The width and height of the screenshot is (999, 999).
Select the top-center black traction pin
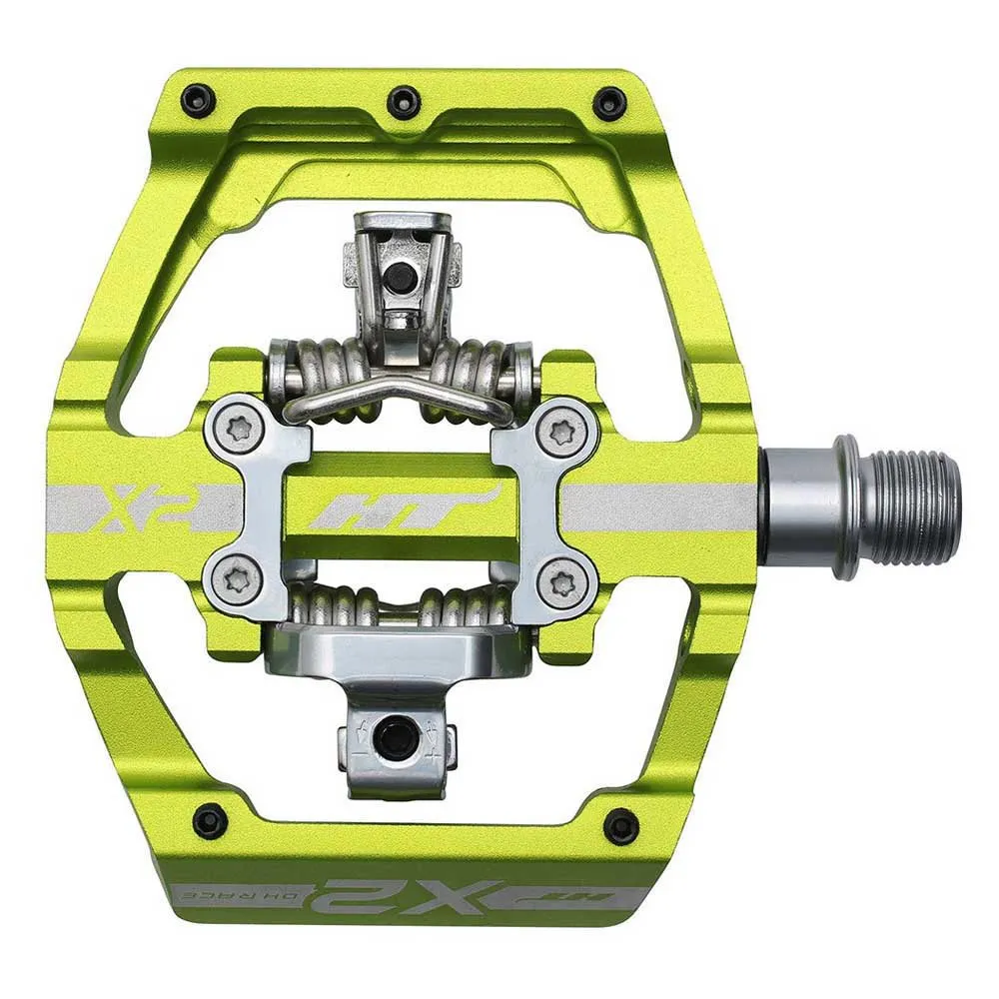click(403, 100)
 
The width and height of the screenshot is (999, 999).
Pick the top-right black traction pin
click(608, 102)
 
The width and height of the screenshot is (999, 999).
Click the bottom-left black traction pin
click(210, 821)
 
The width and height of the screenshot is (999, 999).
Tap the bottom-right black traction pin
click(620, 825)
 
